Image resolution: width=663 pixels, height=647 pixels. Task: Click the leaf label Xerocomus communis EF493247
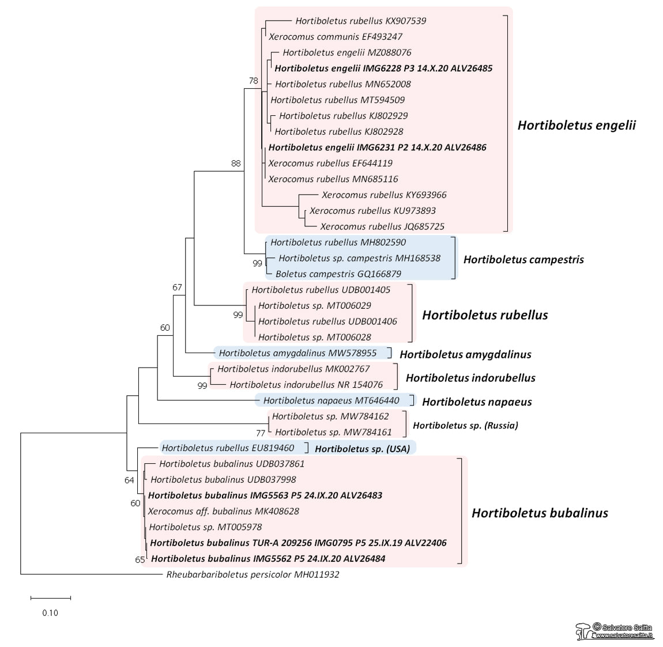pyautogui.click(x=336, y=36)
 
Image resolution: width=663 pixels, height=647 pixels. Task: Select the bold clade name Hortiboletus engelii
pyautogui.click(x=577, y=125)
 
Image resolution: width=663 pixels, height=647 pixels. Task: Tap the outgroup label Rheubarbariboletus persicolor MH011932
pyautogui.click(x=253, y=574)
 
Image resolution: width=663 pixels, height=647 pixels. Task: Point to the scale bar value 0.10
pyautogui.click(x=50, y=612)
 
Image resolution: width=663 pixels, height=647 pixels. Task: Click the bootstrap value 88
pyautogui.click(x=235, y=163)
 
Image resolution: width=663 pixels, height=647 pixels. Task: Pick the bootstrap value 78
pyautogui.click(x=253, y=81)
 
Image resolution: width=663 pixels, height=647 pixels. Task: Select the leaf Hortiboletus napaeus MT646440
pyautogui.click(x=331, y=400)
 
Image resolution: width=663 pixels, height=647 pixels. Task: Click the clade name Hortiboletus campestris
pyautogui.click(x=523, y=259)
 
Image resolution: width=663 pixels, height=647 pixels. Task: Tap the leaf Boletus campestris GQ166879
pyautogui.click(x=338, y=274)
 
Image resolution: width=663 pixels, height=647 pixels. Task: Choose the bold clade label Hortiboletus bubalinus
pyautogui.click(x=540, y=513)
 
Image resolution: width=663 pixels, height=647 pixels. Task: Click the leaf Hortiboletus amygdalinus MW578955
pyautogui.click(x=297, y=353)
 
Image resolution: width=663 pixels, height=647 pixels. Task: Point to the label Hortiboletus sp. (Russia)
pyautogui.click(x=465, y=425)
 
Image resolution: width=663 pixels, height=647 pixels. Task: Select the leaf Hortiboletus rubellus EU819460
pyautogui.click(x=228, y=448)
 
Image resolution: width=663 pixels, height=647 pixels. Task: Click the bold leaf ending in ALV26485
pyautogui.click(x=383, y=68)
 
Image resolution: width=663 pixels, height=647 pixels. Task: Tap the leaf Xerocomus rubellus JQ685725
pyautogui.click(x=382, y=226)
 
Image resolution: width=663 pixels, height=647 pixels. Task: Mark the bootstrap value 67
pyautogui.click(x=177, y=287)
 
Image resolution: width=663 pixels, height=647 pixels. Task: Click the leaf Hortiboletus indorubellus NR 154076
pyautogui.click(x=306, y=384)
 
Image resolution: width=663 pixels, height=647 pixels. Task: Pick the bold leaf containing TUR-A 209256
pyautogui.click(x=298, y=543)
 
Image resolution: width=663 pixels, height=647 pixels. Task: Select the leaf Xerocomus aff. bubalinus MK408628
pyautogui.click(x=224, y=511)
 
